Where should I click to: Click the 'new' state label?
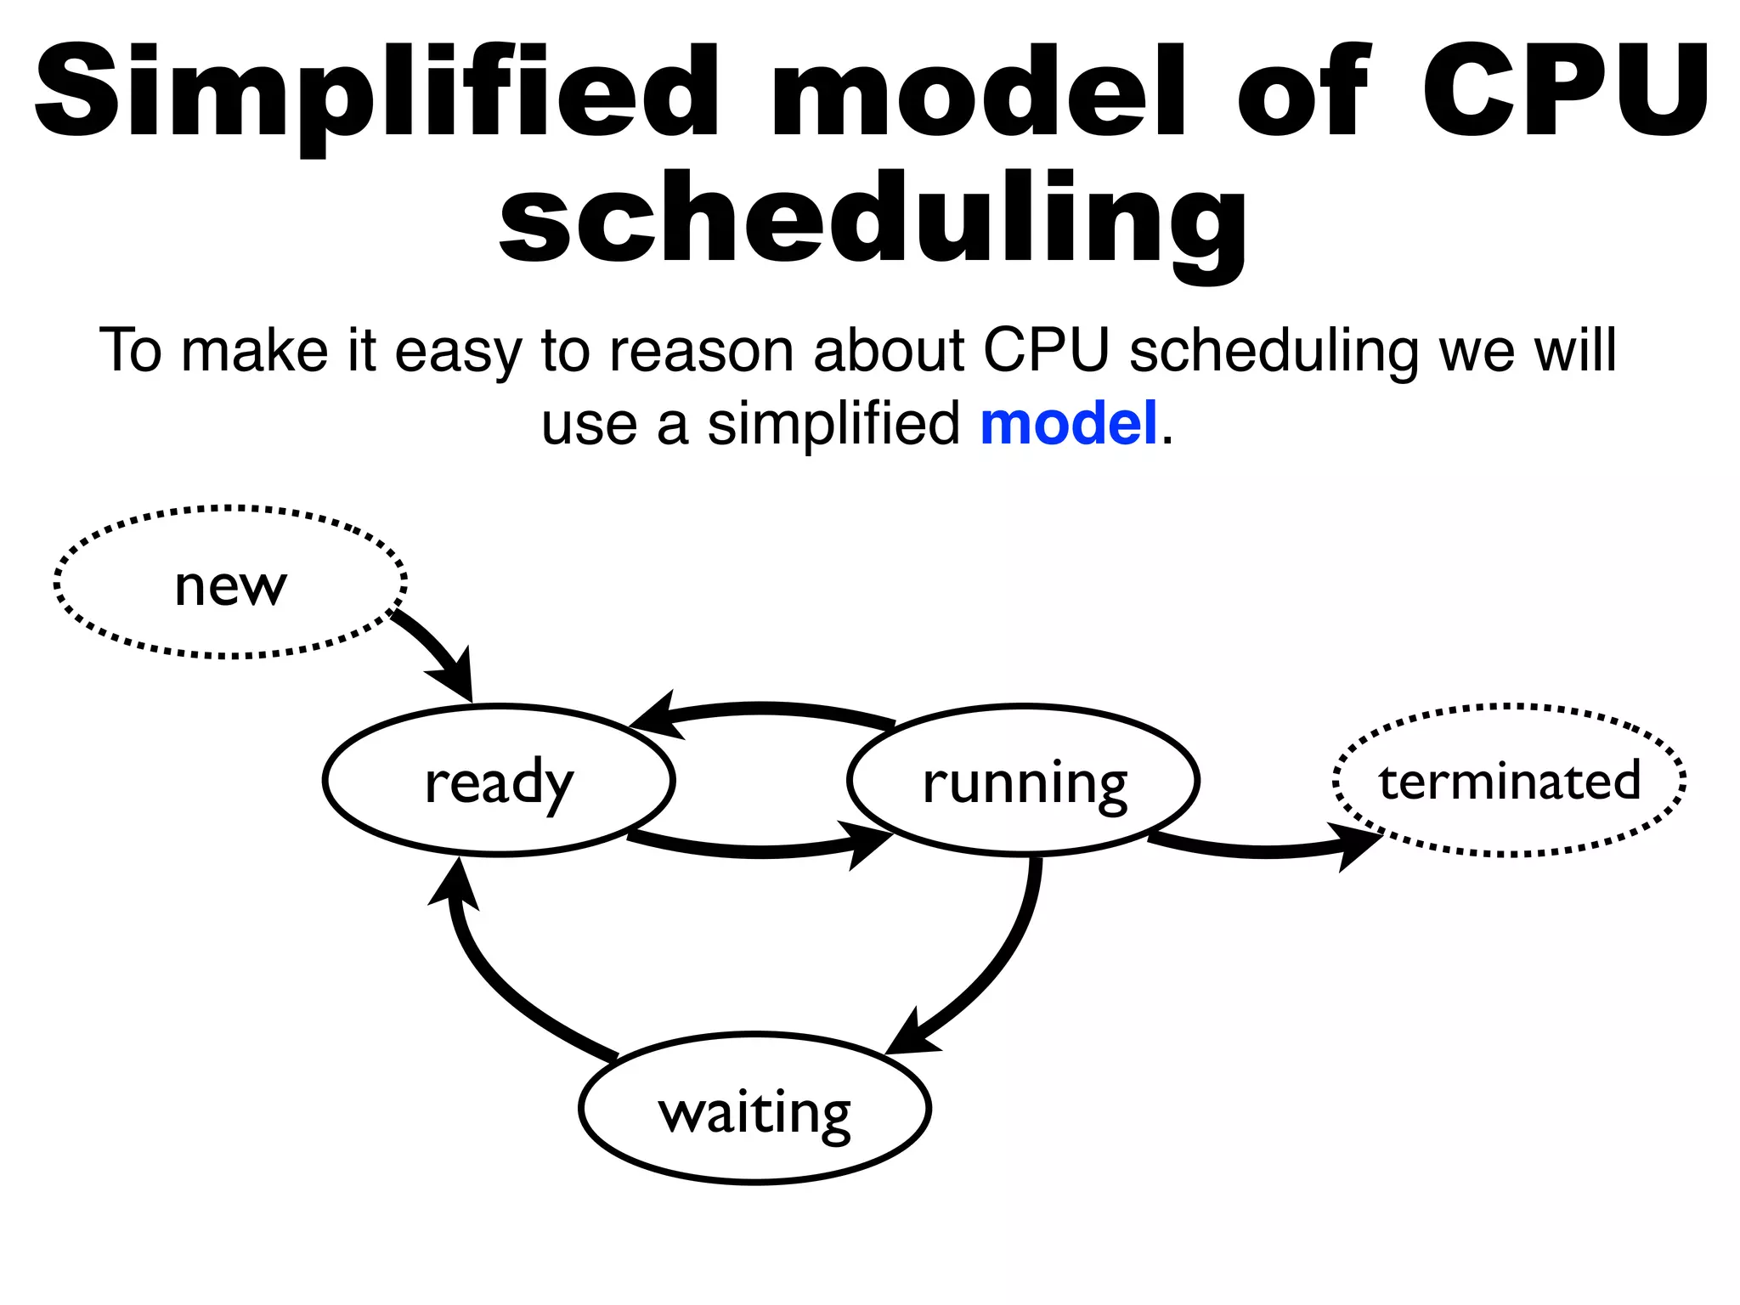coord(230,585)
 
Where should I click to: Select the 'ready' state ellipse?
coord(499,780)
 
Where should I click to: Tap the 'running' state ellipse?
coord(1024,780)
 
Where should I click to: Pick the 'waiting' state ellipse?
coord(754,1109)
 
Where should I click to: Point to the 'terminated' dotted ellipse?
coord(1509,780)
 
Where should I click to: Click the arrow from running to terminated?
coord(1266,850)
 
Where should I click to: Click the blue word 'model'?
coord(1069,423)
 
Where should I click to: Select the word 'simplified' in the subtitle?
coord(833,423)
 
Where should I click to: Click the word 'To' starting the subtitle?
coord(130,350)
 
